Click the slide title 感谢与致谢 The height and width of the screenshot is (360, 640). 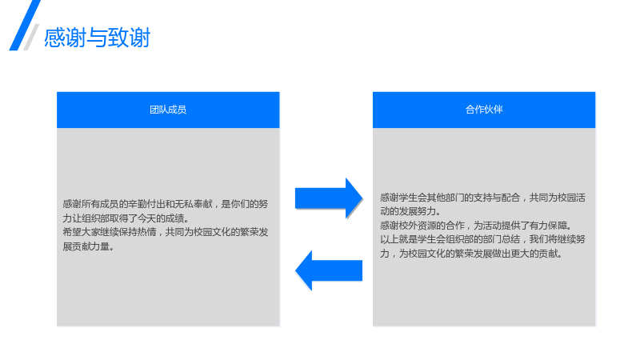coord(97,38)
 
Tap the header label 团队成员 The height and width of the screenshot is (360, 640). coord(168,110)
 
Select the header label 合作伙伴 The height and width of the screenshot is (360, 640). coord(484,110)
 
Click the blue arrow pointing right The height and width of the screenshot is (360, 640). coord(329,198)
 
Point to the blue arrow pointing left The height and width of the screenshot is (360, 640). coord(329,270)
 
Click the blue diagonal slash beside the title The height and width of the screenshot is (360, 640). coord(25,26)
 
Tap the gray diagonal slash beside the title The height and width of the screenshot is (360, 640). coord(31,37)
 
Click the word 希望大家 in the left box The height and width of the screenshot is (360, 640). coord(82,232)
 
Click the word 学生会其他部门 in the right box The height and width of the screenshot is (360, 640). coord(431,198)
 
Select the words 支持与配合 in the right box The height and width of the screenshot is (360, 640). coord(497,198)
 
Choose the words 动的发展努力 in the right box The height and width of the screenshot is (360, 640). coord(408,211)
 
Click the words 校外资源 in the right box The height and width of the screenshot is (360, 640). coord(418,226)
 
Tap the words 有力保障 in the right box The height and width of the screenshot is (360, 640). coord(548,226)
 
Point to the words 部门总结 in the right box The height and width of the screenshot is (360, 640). coord(502,239)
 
